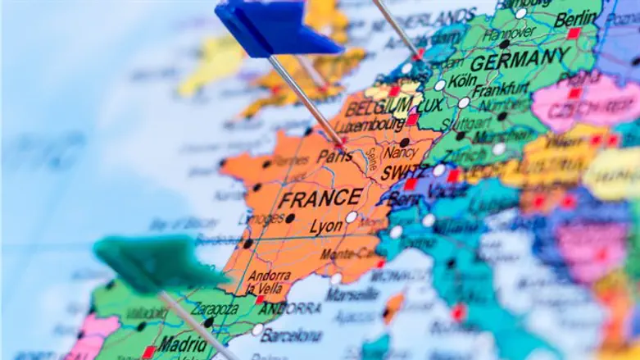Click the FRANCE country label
coord(320,198)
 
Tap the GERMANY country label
coord(520,59)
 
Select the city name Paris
coord(335,156)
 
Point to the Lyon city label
coord(327,226)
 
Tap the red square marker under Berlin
coord(574,34)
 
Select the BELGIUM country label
coord(377,107)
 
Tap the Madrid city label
coord(182,344)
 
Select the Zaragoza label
coord(215,308)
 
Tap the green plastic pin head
coord(156,264)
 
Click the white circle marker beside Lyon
coord(352,217)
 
